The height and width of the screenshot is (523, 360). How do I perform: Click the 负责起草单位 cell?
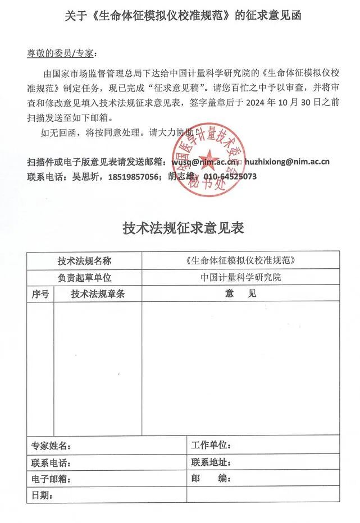pos(84,277)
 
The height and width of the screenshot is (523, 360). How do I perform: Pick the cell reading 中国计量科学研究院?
pos(241,277)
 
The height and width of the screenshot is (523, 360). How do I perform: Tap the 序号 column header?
pos(40,293)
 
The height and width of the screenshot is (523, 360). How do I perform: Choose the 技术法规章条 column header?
pos(98,293)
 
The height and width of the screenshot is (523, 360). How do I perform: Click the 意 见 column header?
pos(241,293)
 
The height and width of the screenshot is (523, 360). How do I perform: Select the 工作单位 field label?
pos(211,446)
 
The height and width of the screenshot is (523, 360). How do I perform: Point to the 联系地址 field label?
pos(211,463)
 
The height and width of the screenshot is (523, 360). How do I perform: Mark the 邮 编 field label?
pos(211,479)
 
